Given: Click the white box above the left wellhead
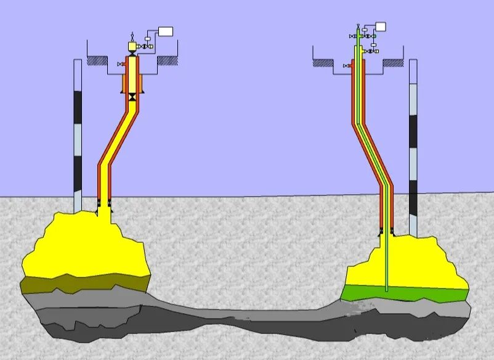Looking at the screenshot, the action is tap(166, 31).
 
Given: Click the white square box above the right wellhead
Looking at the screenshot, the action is tap(381, 27).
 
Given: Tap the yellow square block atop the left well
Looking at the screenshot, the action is tap(132, 46).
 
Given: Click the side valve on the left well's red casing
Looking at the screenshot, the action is tap(120, 65).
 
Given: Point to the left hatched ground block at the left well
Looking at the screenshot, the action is tap(97, 60).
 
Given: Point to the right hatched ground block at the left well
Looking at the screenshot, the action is tap(168, 60).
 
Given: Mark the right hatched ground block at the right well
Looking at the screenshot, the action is tap(392, 62).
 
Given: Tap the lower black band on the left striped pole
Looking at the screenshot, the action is tap(78, 173).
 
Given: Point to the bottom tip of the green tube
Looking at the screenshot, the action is tap(386, 290).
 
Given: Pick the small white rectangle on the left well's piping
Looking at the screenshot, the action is tap(148, 38).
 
